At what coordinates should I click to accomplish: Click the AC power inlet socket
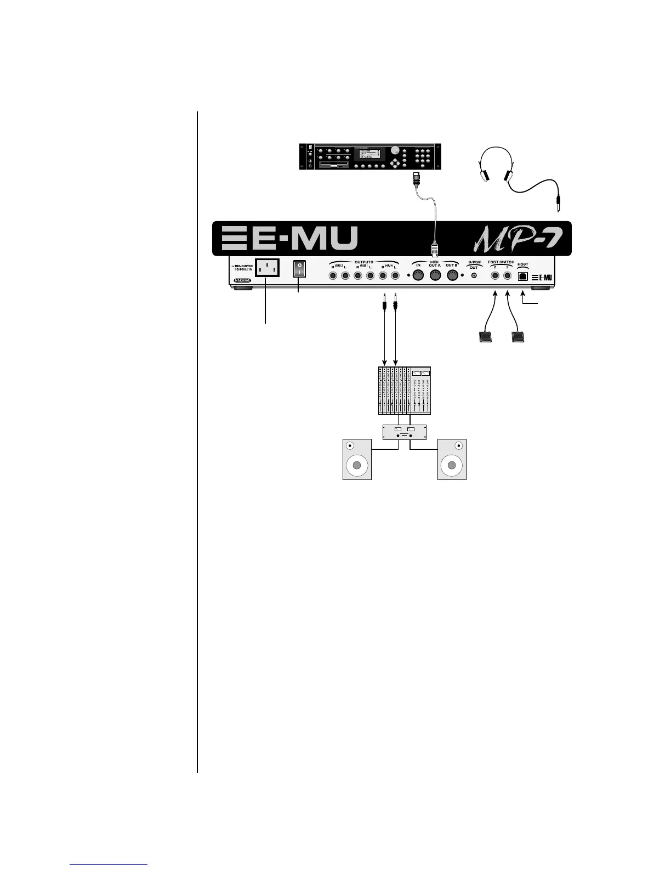pyautogui.click(x=265, y=268)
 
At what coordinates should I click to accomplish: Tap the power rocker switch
pyautogui.click(x=299, y=268)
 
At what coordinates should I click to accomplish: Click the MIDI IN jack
pyautogui.click(x=418, y=275)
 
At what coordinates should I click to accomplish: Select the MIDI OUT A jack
pyautogui.click(x=435, y=275)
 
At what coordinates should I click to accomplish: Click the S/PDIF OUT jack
pyautogui.click(x=474, y=275)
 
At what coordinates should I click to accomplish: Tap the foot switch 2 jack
pyautogui.click(x=495, y=276)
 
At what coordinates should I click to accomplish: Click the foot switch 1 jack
pyautogui.click(x=508, y=276)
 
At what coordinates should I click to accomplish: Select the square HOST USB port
pyautogui.click(x=523, y=276)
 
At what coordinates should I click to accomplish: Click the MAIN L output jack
pyautogui.click(x=395, y=275)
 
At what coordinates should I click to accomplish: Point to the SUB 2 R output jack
pyautogui.click(x=333, y=275)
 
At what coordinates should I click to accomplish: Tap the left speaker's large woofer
pyautogui.click(x=357, y=466)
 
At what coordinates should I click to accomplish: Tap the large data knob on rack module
pyautogui.click(x=395, y=150)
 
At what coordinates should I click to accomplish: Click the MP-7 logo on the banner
pyautogui.click(x=515, y=238)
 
